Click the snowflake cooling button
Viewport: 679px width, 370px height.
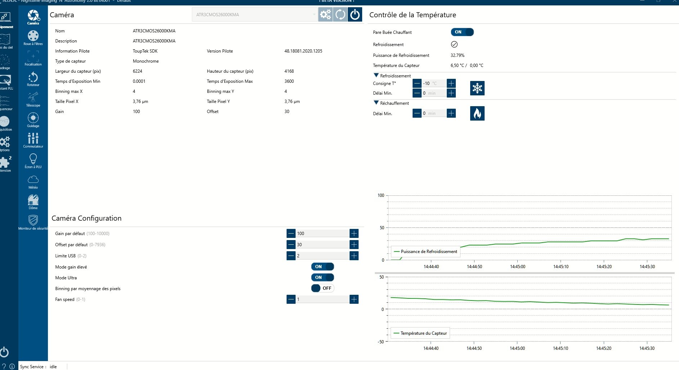pyautogui.click(x=477, y=88)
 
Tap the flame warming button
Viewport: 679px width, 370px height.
pyautogui.click(x=477, y=113)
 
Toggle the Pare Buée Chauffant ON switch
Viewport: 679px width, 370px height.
pyautogui.click(x=462, y=32)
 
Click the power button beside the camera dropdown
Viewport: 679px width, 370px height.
pyautogui.click(x=355, y=15)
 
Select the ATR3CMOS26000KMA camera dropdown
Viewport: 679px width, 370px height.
pyautogui.click(x=255, y=15)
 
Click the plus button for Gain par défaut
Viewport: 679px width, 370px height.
pyautogui.click(x=354, y=234)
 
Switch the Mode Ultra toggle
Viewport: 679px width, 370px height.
pyautogui.click(x=322, y=277)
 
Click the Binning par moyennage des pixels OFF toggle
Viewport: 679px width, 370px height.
pyautogui.click(x=322, y=288)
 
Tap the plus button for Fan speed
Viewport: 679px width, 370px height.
pyautogui.click(x=354, y=299)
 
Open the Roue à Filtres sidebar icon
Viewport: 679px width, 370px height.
pyautogui.click(x=33, y=37)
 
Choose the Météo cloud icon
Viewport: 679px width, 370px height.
pyautogui.click(x=33, y=181)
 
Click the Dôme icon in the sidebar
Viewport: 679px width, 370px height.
pyautogui.click(x=33, y=202)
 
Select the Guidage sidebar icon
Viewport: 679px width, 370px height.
pyautogui.click(x=33, y=119)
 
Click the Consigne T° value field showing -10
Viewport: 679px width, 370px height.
pyautogui.click(x=433, y=84)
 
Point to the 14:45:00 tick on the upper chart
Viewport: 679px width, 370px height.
pyautogui.click(x=517, y=267)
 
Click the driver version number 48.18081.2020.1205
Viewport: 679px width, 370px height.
pyautogui.click(x=303, y=51)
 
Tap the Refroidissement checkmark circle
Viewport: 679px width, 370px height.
pyautogui.click(x=454, y=44)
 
